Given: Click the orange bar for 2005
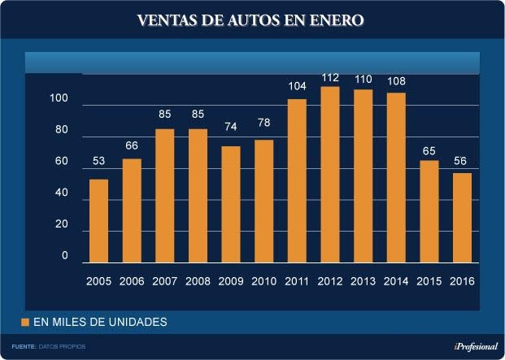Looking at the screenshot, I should coord(98,220).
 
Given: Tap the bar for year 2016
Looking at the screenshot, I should coord(462,218).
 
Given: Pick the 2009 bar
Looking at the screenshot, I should coord(231,204).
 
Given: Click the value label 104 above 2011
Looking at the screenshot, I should coord(297,86).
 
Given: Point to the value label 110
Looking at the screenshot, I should coord(363,80).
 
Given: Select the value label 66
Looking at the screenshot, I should coord(132,146).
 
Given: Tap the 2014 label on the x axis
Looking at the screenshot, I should coord(396,281).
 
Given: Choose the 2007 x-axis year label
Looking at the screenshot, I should coord(165,281).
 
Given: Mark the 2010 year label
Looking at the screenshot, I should coord(264,281).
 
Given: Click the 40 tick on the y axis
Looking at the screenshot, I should coord(62,194).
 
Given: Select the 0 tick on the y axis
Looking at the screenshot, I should coord(65,256).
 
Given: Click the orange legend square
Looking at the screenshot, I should coord(25,322).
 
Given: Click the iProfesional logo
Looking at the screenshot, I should coord(475,346).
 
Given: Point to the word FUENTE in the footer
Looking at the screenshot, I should coord(24,347).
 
